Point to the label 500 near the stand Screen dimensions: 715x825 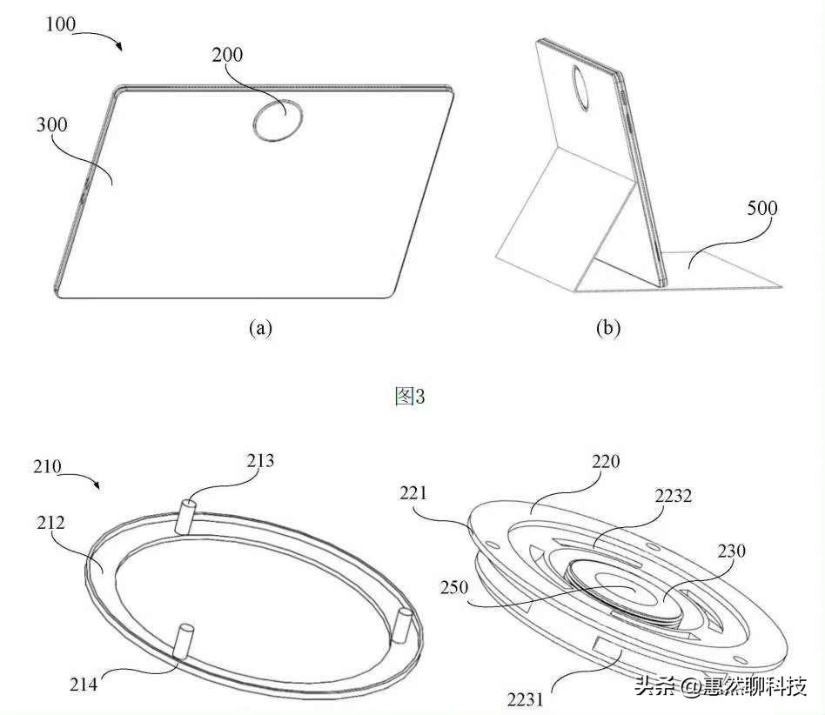point(761,208)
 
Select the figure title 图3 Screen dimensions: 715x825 point(410,397)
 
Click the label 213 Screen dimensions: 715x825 point(259,460)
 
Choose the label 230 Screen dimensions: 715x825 point(731,551)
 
